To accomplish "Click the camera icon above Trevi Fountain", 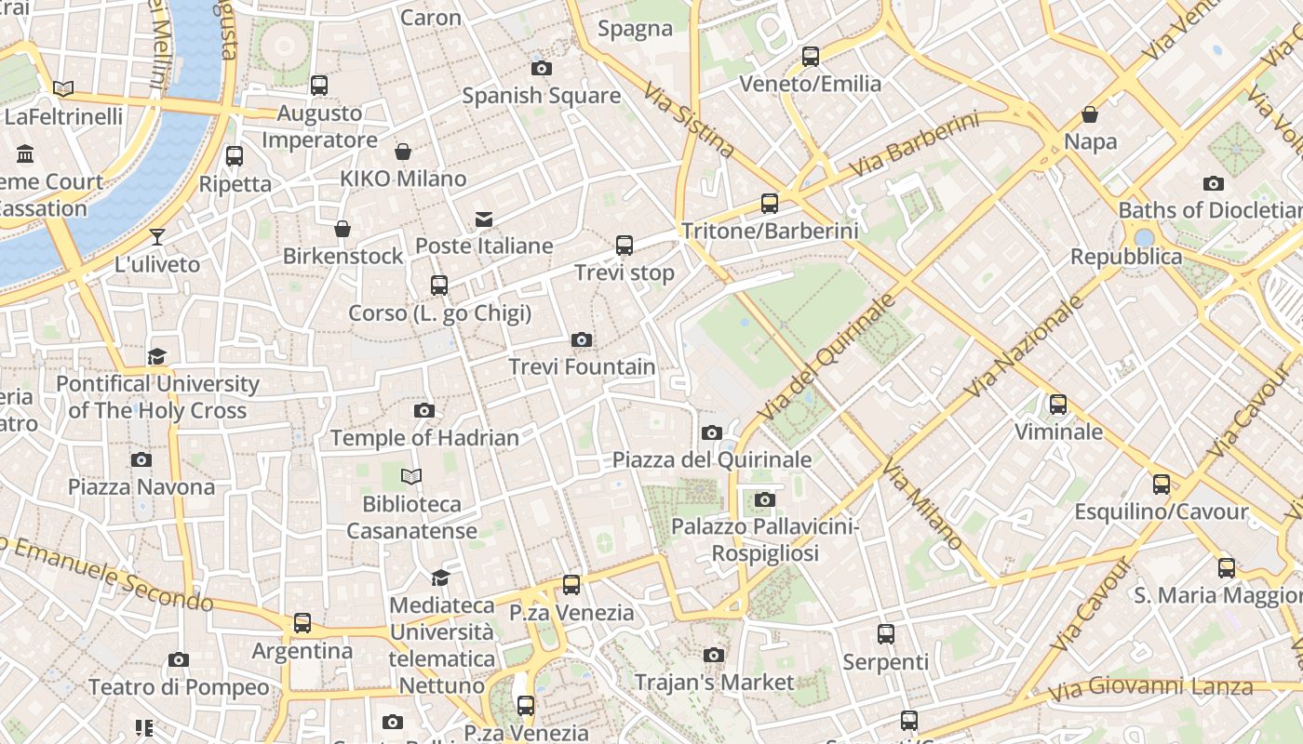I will (582, 339).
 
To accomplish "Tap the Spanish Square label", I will (541, 96).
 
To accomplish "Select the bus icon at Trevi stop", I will (625, 246).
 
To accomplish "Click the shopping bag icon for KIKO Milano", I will (403, 152).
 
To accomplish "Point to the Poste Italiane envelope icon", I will (484, 219).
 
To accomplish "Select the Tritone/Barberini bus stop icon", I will (770, 203).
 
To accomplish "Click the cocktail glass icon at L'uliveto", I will (157, 237).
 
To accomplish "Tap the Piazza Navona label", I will (141, 486).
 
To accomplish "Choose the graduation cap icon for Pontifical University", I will (156, 356).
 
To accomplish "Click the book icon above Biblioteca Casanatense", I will (411, 477).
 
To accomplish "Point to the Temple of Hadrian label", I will (424, 437).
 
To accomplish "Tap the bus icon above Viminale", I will (1058, 405).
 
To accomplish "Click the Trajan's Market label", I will (714, 683).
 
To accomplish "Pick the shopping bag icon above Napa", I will (1090, 114).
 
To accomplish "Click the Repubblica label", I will (1126, 257).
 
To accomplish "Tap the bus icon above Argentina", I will (302, 623).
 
